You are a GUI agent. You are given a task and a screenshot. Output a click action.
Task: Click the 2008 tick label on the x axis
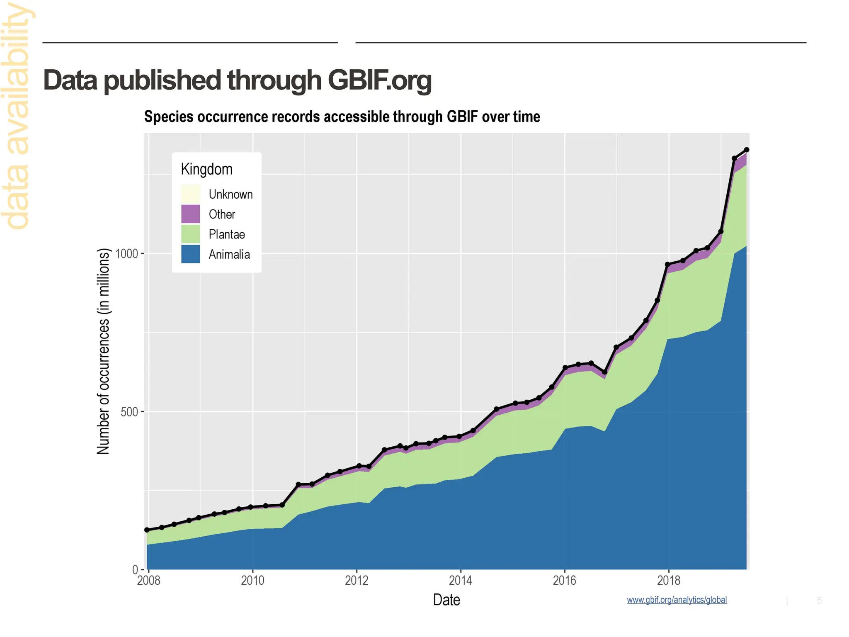pyautogui.click(x=148, y=581)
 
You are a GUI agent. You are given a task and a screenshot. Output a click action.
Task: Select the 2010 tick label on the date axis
pyautogui.click(x=252, y=581)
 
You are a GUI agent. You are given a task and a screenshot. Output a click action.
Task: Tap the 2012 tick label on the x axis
pyautogui.click(x=357, y=581)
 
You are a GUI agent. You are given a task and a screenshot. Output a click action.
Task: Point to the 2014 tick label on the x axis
pyautogui.click(x=461, y=581)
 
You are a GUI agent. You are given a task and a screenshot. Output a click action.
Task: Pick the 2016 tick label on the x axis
pyautogui.click(x=565, y=581)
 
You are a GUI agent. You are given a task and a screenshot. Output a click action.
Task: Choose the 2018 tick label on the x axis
pyautogui.click(x=669, y=581)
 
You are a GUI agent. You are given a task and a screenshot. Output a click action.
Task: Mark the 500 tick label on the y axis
pyautogui.click(x=129, y=412)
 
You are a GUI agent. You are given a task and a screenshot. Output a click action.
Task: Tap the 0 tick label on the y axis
pyautogui.click(x=135, y=570)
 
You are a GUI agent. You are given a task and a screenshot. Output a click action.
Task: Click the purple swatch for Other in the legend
pyautogui.click(x=191, y=214)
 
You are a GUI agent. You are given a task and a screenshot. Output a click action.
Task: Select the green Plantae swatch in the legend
pyautogui.click(x=191, y=234)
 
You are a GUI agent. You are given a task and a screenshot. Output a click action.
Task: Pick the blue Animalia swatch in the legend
pyautogui.click(x=191, y=254)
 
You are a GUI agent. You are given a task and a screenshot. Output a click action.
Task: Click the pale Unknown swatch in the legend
pyautogui.click(x=191, y=194)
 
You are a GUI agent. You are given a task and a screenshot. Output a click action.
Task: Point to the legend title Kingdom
pyautogui.click(x=206, y=169)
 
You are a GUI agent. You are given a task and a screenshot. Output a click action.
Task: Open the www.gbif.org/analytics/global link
pyautogui.click(x=677, y=600)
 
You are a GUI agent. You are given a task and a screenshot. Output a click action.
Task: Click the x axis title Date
pyautogui.click(x=446, y=600)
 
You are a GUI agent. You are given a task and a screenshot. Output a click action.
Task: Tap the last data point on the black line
pyautogui.click(x=747, y=150)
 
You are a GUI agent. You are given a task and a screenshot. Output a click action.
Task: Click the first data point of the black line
pyautogui.click(x=147, y=530)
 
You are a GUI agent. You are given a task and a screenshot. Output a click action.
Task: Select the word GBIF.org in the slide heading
pyautogui.click(x=379, y=80)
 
